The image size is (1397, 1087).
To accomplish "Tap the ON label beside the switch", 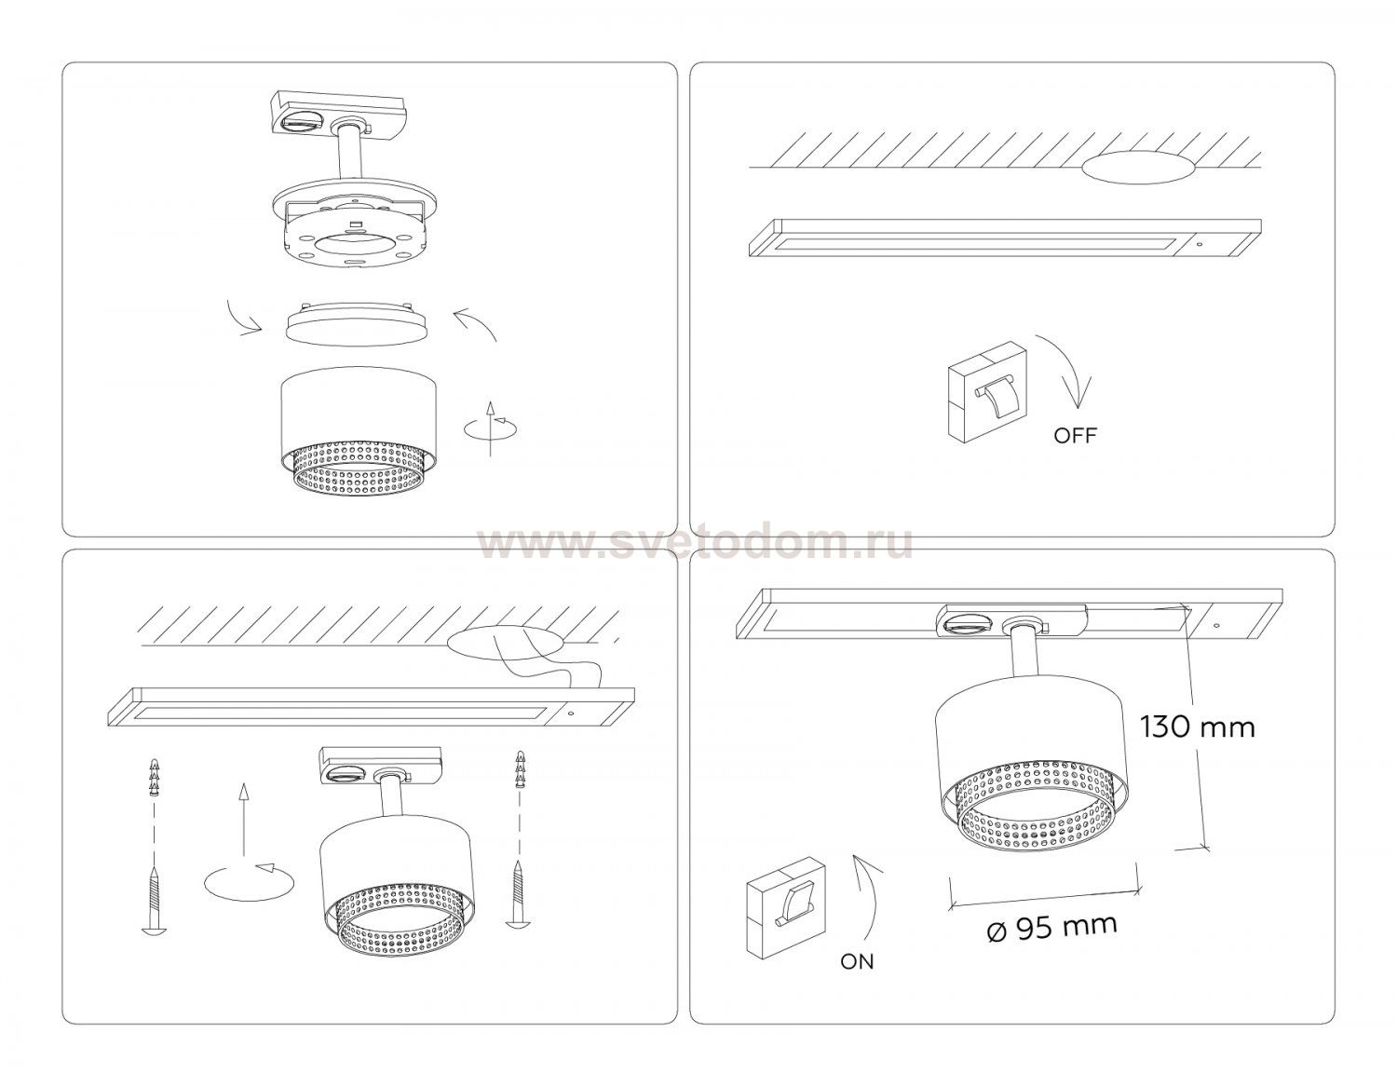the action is coord(857,979).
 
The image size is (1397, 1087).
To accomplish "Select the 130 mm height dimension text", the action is coord(1197,727).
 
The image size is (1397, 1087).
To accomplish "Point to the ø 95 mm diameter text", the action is coord(1051,929).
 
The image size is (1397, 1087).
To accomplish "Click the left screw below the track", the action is coord(154,899).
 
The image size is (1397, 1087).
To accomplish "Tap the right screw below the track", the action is coord(517,895).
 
